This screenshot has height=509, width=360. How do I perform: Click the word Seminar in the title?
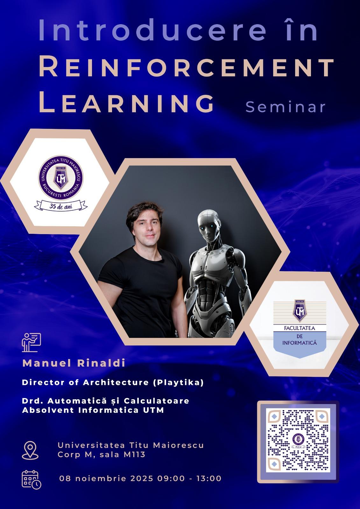tap(286, 107)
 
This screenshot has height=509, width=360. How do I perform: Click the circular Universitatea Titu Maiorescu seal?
tap(61, 178)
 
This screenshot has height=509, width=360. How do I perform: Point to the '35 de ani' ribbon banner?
tap(61, 206)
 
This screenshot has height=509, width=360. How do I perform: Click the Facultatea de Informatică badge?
tap(300, 329)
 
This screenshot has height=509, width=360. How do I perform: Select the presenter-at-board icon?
tap(32, 342)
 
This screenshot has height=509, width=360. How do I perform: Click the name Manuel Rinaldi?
tap(74, 363)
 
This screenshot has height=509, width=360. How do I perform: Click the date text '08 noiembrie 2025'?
tap(106, 478)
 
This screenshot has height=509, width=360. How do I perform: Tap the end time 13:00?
tap(209, 478)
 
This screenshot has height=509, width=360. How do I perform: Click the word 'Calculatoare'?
tap(157, 401)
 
